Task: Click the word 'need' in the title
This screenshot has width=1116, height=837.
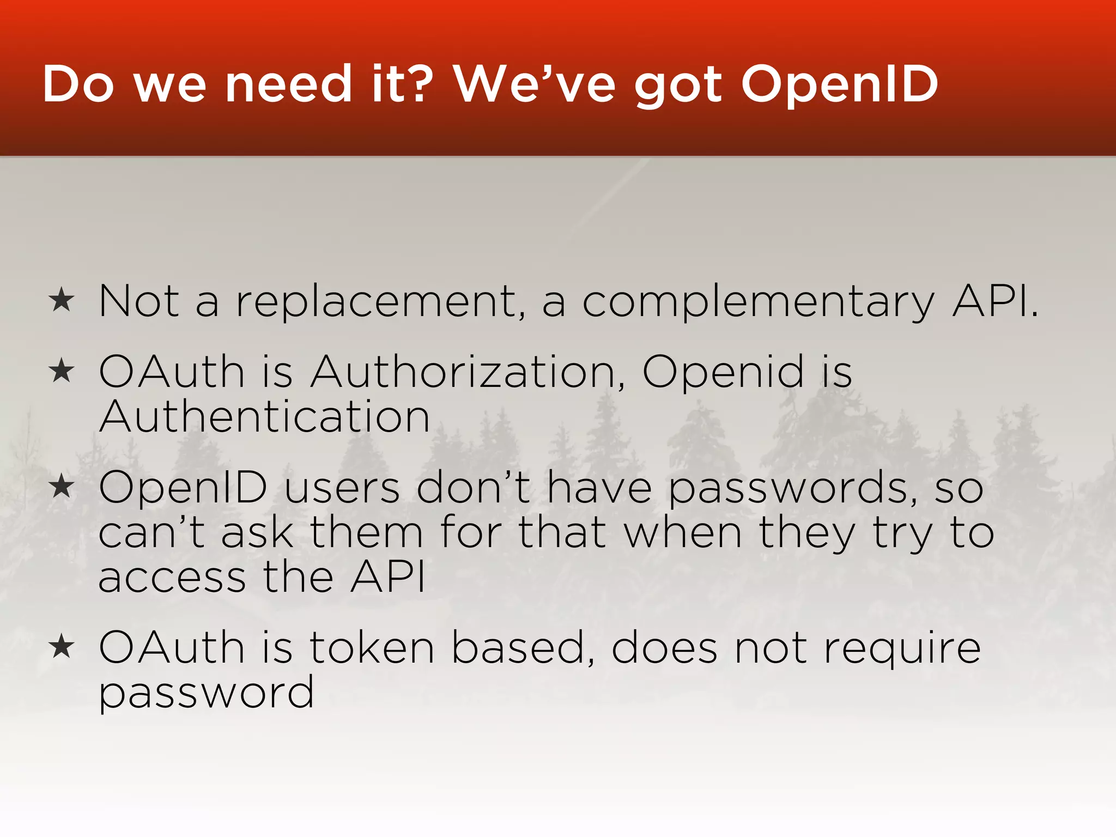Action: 288,84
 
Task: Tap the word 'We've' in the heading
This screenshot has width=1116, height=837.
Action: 535,84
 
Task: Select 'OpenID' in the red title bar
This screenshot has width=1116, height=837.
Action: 839,85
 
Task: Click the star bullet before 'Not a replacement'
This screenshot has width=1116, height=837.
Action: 61,300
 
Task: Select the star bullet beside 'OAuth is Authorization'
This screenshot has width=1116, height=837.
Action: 61,372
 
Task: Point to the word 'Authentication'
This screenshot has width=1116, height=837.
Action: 265,417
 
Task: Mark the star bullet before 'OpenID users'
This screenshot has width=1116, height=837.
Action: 61,487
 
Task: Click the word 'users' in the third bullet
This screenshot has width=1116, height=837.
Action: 342,488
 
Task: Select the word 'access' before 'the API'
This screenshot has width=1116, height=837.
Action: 172,578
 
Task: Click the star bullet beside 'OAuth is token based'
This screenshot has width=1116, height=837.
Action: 61,647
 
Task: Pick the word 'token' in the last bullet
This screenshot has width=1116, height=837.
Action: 372,648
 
